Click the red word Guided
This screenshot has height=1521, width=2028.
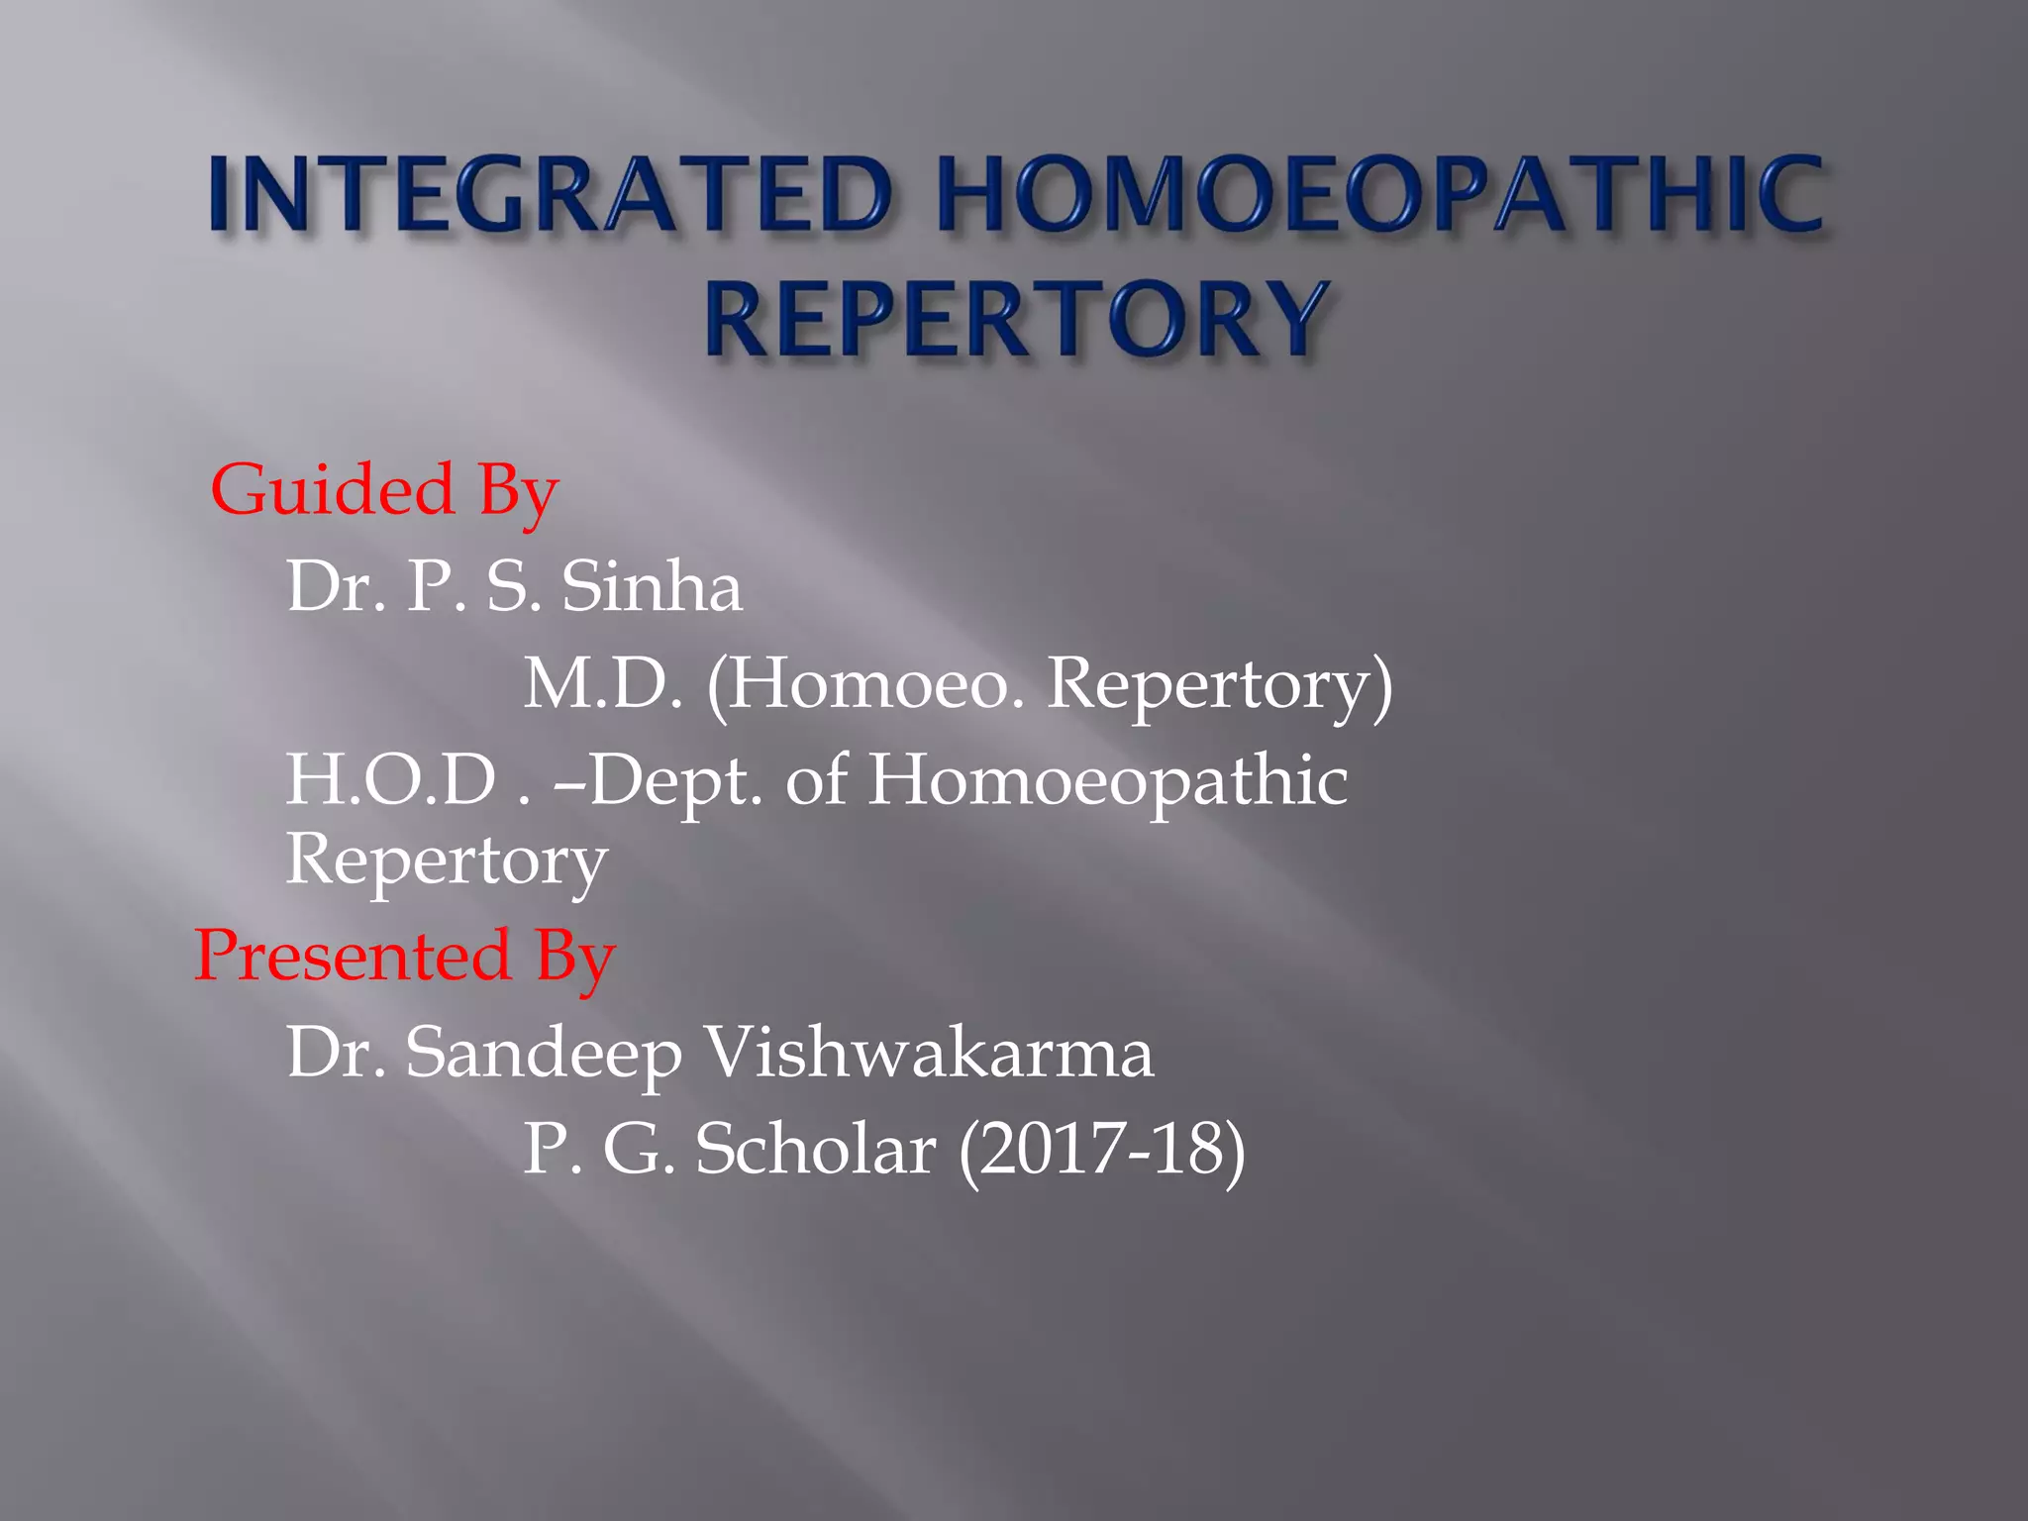point(333,489)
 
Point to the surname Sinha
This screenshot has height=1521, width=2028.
point(652,586)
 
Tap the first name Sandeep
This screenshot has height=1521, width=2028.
point(544,1053)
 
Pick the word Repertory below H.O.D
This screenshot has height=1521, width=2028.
point(447,860)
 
